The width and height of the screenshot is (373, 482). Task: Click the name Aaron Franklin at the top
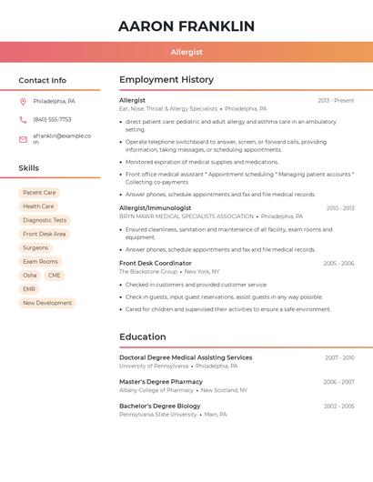[186, 26]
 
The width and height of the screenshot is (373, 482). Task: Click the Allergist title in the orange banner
[186, 53]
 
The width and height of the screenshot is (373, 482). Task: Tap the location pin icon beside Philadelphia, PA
[23, 101]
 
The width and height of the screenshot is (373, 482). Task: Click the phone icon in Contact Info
[23, 119]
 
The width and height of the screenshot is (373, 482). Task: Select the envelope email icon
[23, 139]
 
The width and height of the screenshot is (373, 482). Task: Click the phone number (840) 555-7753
[52, 119]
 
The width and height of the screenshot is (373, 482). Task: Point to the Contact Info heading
[42, 80]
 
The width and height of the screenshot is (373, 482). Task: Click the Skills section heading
[28, 168]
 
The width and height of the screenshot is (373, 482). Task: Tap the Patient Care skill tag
[39, 193]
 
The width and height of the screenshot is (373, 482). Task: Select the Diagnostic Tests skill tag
[45, 220]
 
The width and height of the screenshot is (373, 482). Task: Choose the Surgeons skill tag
[35, 247]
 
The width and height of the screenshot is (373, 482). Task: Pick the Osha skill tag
[30, 276]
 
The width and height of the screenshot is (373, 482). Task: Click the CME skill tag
[55, 276]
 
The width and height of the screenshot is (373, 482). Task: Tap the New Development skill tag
[47, 303]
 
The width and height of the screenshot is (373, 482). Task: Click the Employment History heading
[166, 80]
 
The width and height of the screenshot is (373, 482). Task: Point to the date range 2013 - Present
[336, 101]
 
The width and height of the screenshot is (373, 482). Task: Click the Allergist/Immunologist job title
[155, 208]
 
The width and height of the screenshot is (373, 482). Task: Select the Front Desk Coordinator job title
[156, 263]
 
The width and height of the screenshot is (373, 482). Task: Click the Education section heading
[142, 337]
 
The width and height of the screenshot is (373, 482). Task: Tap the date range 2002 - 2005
[338, 407]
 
